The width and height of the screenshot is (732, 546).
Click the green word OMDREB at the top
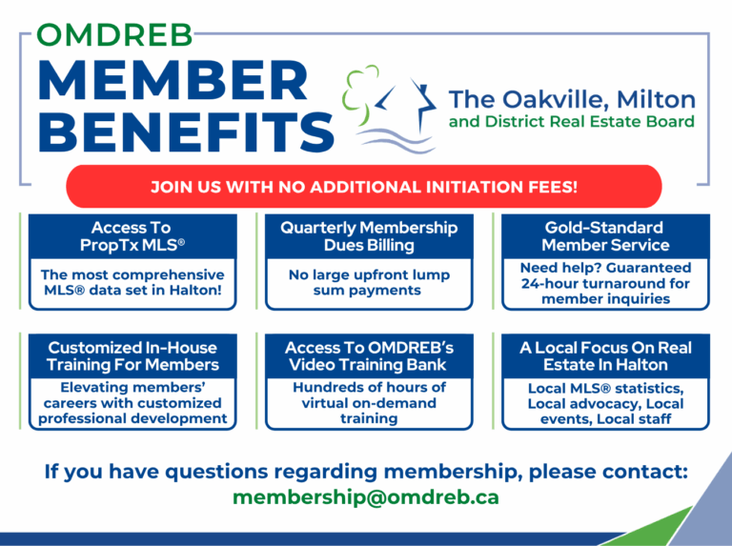[114, 35]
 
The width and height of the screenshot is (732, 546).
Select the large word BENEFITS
[186, 132]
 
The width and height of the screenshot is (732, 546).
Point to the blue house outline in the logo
[407, 105]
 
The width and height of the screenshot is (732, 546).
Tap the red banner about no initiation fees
[364, 186]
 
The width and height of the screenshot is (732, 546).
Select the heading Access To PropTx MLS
[132, 236]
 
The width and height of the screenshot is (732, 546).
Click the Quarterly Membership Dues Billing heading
[369, 236]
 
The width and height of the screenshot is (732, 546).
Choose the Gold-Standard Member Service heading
[605, 236]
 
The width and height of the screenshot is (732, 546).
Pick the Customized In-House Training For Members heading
[132, 356]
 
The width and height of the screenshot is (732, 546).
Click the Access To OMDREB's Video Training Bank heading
[369, 356]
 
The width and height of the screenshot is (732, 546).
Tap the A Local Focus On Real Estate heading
[605, 356]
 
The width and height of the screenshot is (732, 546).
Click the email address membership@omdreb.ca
[366, 497]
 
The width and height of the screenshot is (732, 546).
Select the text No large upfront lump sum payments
[369, 282]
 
